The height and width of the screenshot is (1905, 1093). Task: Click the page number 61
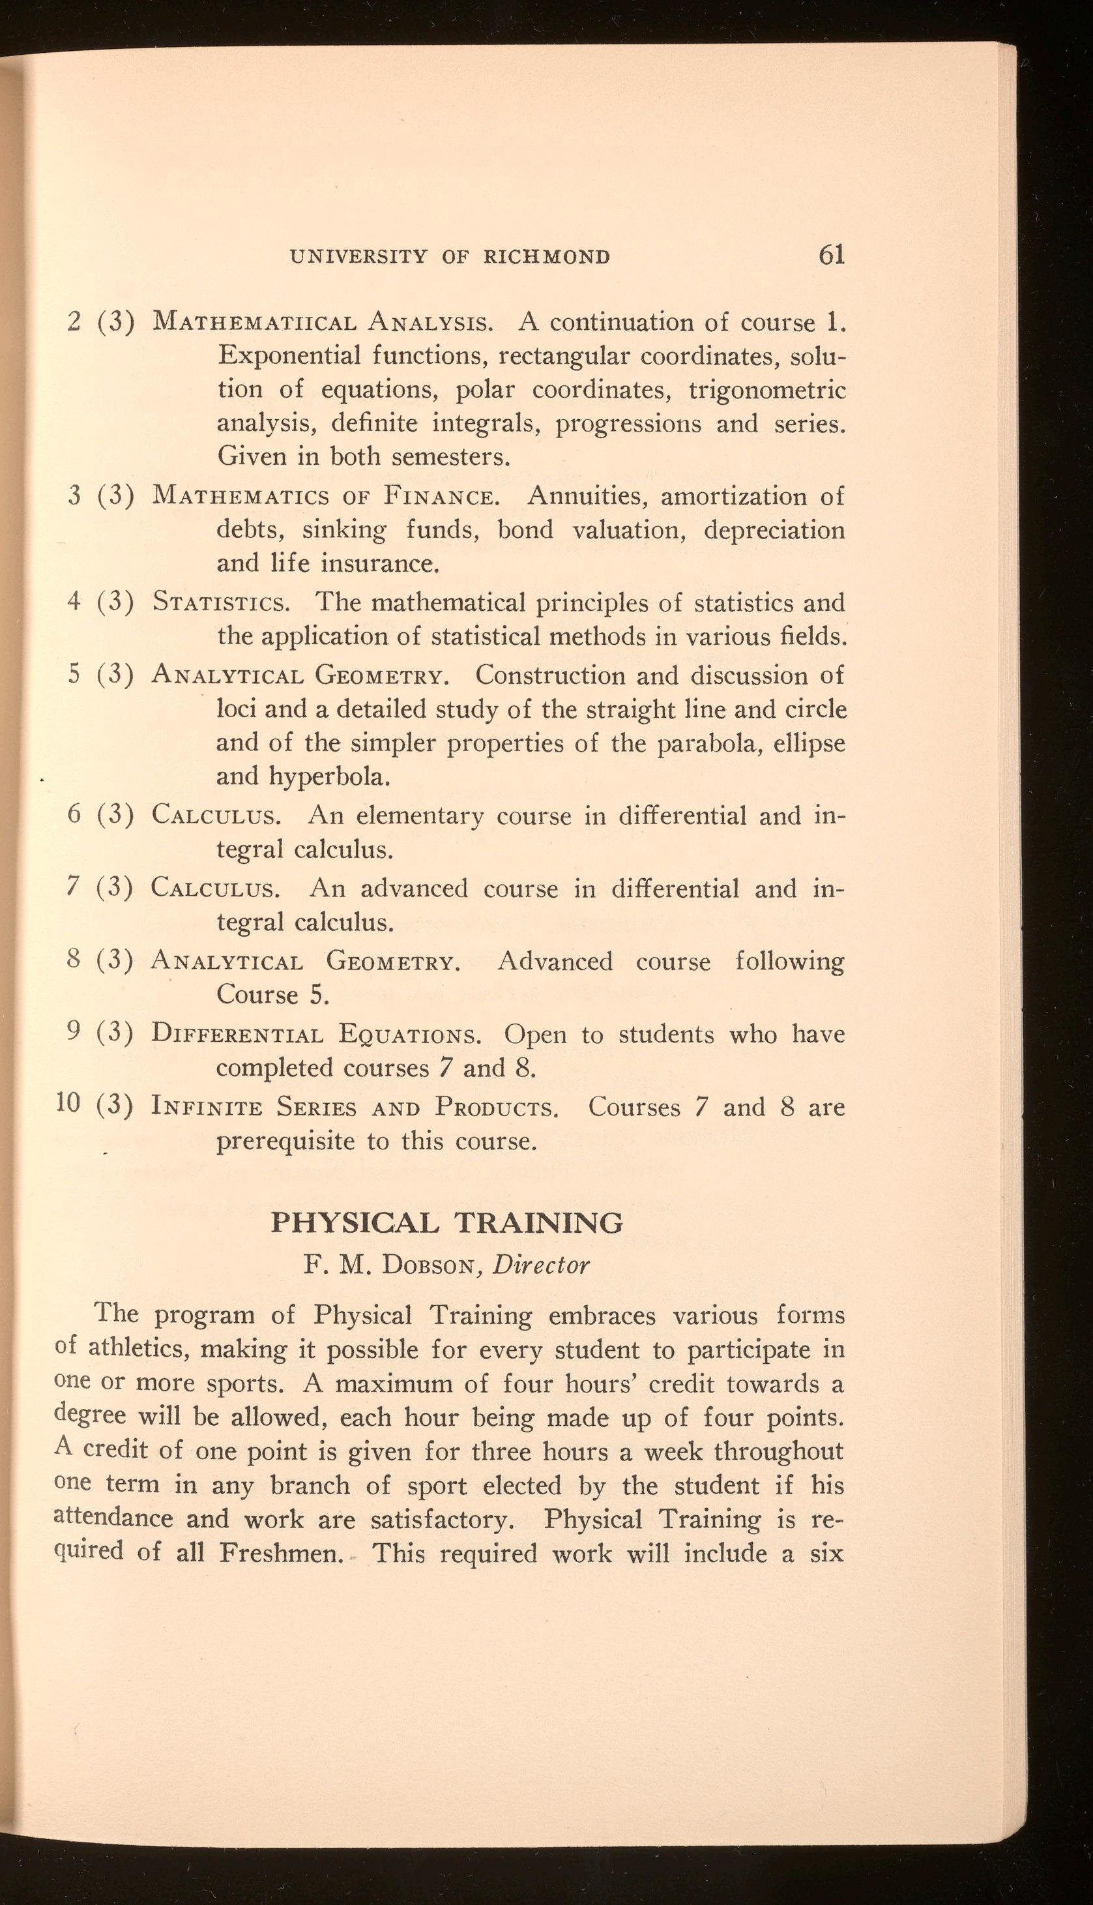point(832,256)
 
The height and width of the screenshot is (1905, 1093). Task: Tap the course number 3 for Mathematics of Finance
point(74,496)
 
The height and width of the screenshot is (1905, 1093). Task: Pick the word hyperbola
point(330,776)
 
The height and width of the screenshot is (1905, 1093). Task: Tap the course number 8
point(74,960)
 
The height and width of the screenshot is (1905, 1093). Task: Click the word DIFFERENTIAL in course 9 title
point(237,1035)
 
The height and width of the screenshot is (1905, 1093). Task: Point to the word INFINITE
point(207,1108)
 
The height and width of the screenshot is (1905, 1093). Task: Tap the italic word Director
point(541,1265)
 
